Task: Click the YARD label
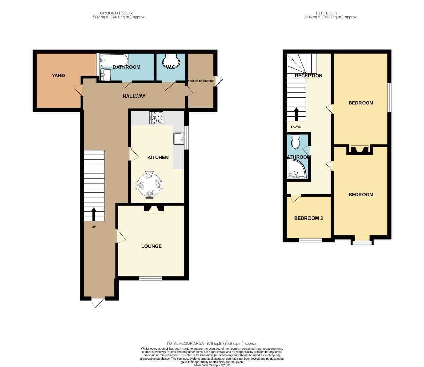click(58, 75)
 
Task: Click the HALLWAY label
click(134, 96)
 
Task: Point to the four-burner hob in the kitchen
click(156, 118)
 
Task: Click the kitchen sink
click(179, 139)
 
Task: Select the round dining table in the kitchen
click(149, 185)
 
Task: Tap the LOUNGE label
click(152, 246)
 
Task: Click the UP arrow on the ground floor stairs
click(93, 214)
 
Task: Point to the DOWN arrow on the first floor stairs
click(296, 114)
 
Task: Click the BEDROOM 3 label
click(308, 218)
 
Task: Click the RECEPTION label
click(308, 76)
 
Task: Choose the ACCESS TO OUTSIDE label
click(201, 81)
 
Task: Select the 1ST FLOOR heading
click(326, 13)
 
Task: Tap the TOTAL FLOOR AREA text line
click(212, 343)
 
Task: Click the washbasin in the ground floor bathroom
click(106, 74)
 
